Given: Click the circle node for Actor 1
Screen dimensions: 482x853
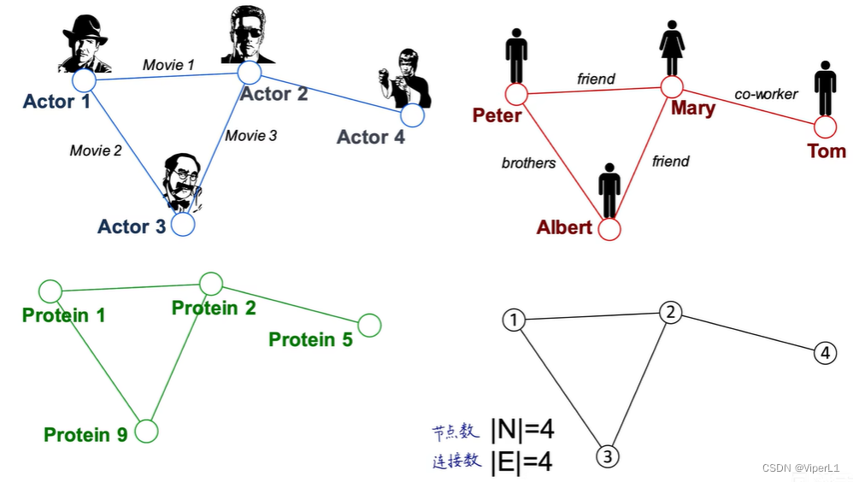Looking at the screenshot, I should [83, 80].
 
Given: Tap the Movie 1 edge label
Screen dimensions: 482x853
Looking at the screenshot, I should [168, 64].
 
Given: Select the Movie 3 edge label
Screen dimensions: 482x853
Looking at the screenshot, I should [251, 135].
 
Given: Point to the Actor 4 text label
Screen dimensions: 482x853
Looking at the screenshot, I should [370, 137].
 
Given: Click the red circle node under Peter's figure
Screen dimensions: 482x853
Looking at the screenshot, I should [516, 93].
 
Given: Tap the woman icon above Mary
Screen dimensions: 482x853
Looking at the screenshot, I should [672, 49].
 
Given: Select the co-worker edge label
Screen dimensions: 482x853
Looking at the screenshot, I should [766, 94].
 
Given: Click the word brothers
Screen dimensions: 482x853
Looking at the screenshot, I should [528, 162].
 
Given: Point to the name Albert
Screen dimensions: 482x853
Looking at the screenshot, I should [564, 227].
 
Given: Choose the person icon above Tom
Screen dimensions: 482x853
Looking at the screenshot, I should [825, 87].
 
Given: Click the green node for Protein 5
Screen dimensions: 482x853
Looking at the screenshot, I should [369, 325].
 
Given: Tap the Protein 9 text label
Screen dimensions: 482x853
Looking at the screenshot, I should [85, 435].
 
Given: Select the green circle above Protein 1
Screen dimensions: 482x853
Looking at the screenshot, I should [50, 291].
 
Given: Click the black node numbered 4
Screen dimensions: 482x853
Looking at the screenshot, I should [824, 352].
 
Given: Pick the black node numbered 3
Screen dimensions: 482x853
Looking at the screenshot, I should [607, 456].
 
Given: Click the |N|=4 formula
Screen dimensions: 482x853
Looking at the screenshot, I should [521, 430].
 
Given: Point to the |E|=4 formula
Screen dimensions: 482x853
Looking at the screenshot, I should [521, 461].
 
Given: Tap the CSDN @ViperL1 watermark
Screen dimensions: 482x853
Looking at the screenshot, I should [800, 468].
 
